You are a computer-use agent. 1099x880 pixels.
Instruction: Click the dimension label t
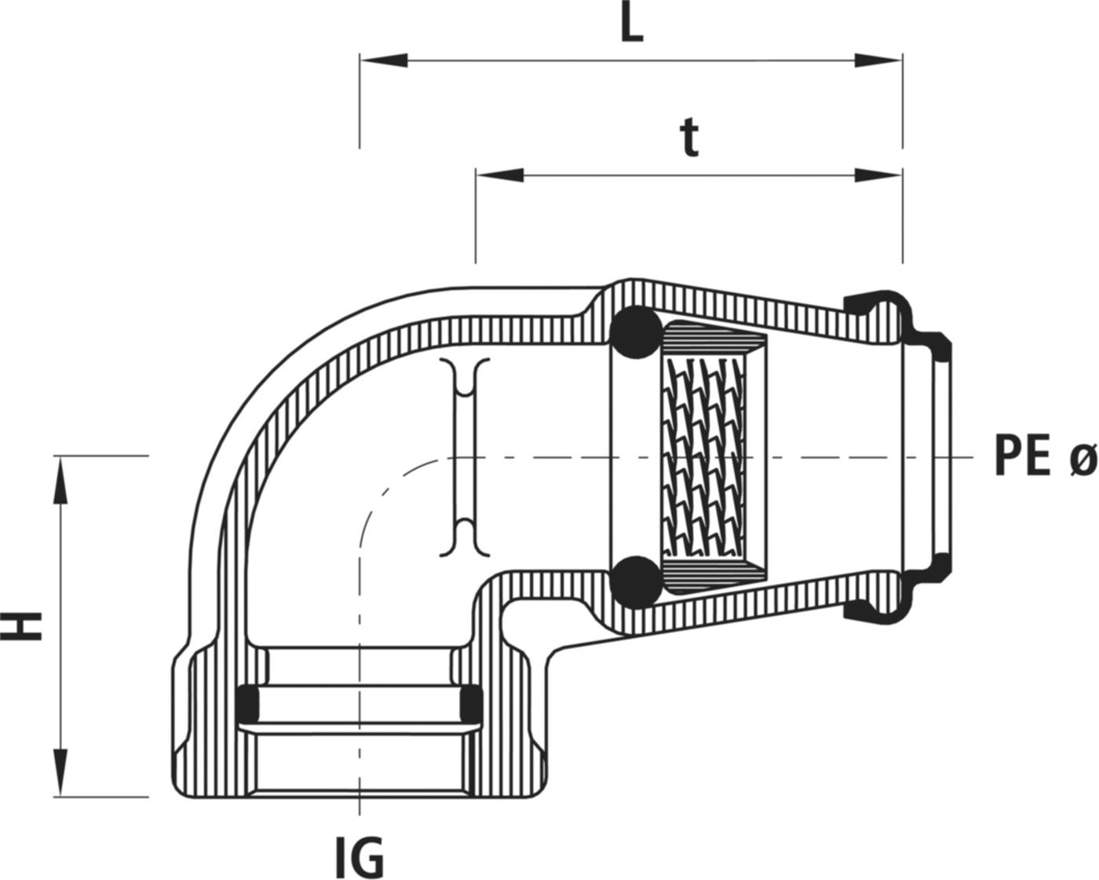pyautogui.click(x=689, y=140)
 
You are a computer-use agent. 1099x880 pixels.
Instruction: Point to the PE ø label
pyautogui.click(x=1044, y=456)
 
